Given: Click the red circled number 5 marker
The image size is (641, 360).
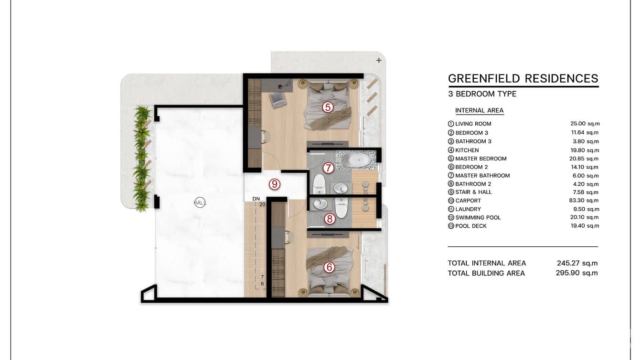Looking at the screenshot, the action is (x=328, y=107).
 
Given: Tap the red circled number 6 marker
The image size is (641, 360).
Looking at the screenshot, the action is (x=329, y=267).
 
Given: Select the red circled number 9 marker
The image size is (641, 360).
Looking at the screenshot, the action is (x=275, y=184).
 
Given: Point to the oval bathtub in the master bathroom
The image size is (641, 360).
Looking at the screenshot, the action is (x=356, y=159).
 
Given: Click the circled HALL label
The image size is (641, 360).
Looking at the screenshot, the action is (x=200, y=203).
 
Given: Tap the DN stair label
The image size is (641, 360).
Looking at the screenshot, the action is (x=256, y=199).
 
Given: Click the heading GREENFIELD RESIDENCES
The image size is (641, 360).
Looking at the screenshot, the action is (x=523, y=78).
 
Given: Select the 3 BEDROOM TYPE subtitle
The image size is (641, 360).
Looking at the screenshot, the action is (x=482, y=94).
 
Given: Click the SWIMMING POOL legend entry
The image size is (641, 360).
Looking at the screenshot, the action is (x=474, y=218).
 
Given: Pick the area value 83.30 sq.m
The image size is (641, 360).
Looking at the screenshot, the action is (x=584, y=201).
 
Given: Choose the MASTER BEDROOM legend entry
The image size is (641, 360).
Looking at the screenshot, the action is (x=477, y=159).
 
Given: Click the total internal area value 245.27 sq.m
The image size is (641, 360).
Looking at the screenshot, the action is (x=577, y=263).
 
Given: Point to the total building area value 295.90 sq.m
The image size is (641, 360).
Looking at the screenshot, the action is (x=577, y=273).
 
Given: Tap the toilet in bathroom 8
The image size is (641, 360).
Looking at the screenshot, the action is (x=341, y=208).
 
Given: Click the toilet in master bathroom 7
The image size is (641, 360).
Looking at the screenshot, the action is (x=319, y=184).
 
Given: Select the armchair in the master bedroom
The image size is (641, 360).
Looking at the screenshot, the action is (x=278, y=100).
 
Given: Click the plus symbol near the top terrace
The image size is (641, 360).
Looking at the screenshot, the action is (x=379, y=60).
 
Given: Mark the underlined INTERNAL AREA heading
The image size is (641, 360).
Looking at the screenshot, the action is (x=480, y=110).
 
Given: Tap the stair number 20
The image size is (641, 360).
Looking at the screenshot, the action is (x=262, y=204).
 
